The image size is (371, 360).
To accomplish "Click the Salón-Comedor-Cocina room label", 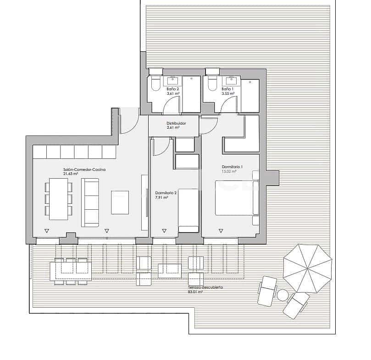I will pyautogui.click(x=84, y=169).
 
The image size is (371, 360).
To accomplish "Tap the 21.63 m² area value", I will pyautogui.click(x=71, y=174).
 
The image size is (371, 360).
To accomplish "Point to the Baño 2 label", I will pyautogui.click(x=172, y=89).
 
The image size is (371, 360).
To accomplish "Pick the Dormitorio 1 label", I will pyautogui.click(x=232, y=167).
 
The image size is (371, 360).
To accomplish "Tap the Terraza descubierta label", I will pyautogui.click(x=205, y=287).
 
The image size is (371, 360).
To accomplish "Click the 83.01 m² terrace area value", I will pyautogui.click(x=195, y=291).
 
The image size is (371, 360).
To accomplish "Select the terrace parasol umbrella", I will pyautogui.click(x=307, y=268).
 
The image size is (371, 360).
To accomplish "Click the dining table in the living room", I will pyautogui.click(x=58, y=199).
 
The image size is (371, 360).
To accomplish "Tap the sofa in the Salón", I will pyautogui.click(x=90, y=202).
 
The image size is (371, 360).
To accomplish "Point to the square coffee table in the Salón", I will pyautogui.click(x=120, y=202).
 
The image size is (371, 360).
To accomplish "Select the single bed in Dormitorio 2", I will pyautogui.click(x=188, y=211).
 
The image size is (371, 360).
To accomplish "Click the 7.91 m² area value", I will pyautogui.click(x=161, y=197).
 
